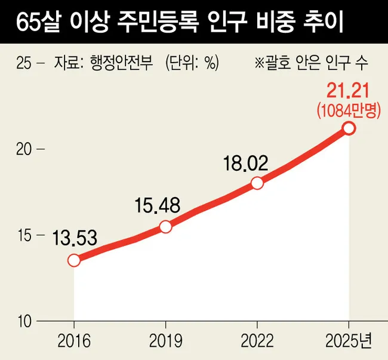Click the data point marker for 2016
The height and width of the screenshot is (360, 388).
(74, 260)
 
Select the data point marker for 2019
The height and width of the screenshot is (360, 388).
(166, 227)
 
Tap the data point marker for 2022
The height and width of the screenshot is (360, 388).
(257, 183)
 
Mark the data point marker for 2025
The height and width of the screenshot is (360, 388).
(349, 128)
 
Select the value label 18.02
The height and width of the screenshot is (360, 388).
(246, 162)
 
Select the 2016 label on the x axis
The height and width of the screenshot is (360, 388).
(74, 341)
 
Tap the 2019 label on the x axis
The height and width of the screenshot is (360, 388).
(166, 341)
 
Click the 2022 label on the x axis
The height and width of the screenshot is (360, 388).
(257, 341)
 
